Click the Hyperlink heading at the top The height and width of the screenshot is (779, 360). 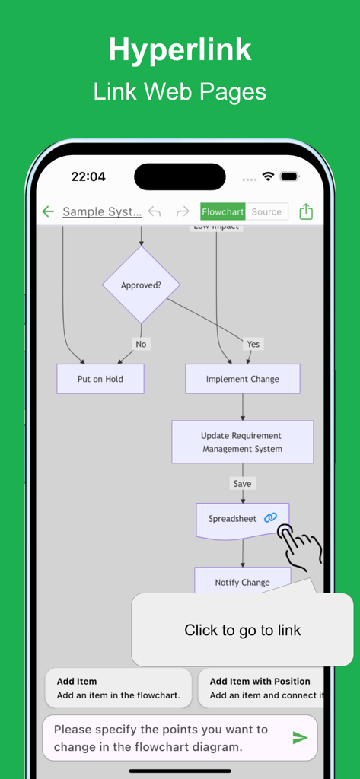pyautogui.click(x=180, y=50)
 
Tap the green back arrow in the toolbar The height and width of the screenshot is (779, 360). pyautogui.click(x=48, y=211)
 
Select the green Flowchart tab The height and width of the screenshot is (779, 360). pyautogui.click(x=222, y=212)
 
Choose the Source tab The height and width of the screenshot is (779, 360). pyautogui.click(x=266, y=212)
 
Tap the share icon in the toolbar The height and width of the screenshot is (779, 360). pyautogui.click(x=306, y=211)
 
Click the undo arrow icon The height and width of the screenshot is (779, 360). pyautogui.click(x=155, y=211)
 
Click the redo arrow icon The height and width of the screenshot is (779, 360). pyautogui.click(x=183, y=211)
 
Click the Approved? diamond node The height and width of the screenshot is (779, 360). pyautogui.click(x=142, y=285)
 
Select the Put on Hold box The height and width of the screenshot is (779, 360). pyautogui.click(x=100, y=379)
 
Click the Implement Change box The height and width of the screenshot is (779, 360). pyautogui.click(x=243, y=379)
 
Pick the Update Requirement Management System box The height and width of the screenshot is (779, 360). pyautogui.click(x=242, y=442)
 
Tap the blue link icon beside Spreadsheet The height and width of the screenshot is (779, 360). pyautogui.click(x=270, y=518)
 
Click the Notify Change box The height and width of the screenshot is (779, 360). pyautogui.click(x=242, y=582)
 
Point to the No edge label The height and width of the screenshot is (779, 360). pyautogui.click(x=141, y=344)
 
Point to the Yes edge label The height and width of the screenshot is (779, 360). pyautogui.click(x=253, y=344)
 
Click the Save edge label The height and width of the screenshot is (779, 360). pyautogui.click(x=242, y=483)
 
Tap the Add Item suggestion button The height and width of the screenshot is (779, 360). pyautogui.click(x=118, y=688)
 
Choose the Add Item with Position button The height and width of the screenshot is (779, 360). pyautogui.click(x=263, y=688)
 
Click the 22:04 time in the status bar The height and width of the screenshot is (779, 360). pyautogui.click(x=88, y=176)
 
